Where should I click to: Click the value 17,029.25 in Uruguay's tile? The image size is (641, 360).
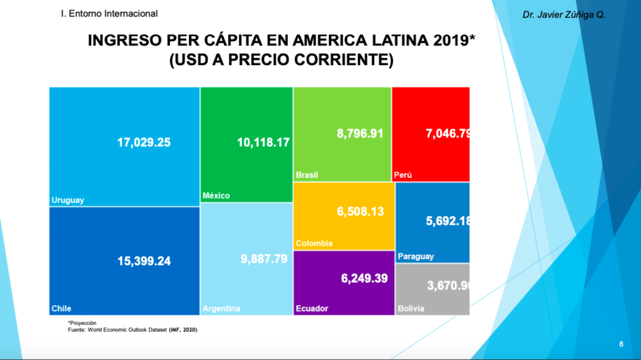[x=144, y=142]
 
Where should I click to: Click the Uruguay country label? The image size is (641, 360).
[x=68, y=200]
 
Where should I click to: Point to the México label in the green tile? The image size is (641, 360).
[x=215, y=196]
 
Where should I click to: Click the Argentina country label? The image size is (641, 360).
[x=221, y=309]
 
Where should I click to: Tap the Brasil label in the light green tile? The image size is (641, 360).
[x=307, y=174]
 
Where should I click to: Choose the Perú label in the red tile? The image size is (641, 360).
[x=403, y=174]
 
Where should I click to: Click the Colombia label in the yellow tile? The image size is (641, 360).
[x=314, y=244]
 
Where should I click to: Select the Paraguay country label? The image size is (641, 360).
[x=416, y=257]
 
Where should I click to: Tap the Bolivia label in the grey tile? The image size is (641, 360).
[x=410, y=309]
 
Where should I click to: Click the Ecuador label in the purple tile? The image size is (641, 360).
[x=312, y=309]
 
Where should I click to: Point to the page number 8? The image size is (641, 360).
[x=620, y=343]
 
